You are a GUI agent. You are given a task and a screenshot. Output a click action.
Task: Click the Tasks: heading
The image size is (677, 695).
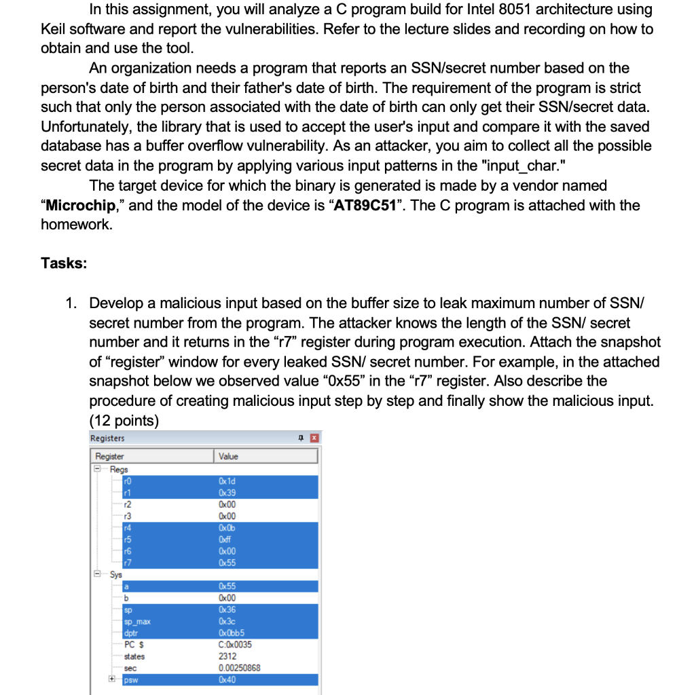tap(64, 263)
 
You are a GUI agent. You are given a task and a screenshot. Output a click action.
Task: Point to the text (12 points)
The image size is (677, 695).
tap(124, 420)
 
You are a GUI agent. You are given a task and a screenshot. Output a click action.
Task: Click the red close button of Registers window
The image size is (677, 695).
tap(314, 438)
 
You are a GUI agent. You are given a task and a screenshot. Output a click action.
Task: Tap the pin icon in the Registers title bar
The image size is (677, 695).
tap(301, 438)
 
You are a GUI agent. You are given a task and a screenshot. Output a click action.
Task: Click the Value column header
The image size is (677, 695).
tap(229, 457)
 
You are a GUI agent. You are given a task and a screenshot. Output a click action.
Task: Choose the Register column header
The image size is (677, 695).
tap(110, 457)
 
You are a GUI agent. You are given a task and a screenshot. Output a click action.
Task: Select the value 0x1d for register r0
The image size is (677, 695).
tap(227, 481)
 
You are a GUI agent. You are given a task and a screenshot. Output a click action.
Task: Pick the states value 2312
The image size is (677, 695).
tap(227, 656)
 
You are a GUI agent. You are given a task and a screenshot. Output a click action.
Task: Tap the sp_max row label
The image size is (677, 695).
tap(136, 621)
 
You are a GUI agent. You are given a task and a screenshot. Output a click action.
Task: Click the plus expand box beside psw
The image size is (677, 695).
tap(111, 679)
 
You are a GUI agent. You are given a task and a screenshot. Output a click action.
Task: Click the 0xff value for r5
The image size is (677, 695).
tap(225, 540)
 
